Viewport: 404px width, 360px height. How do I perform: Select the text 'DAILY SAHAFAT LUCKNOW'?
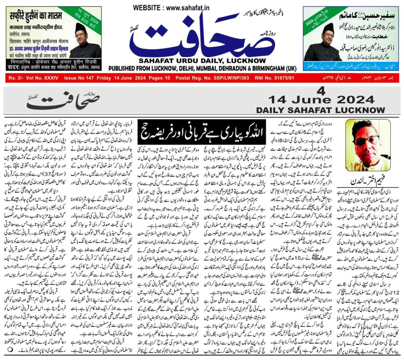coord(321,110)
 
